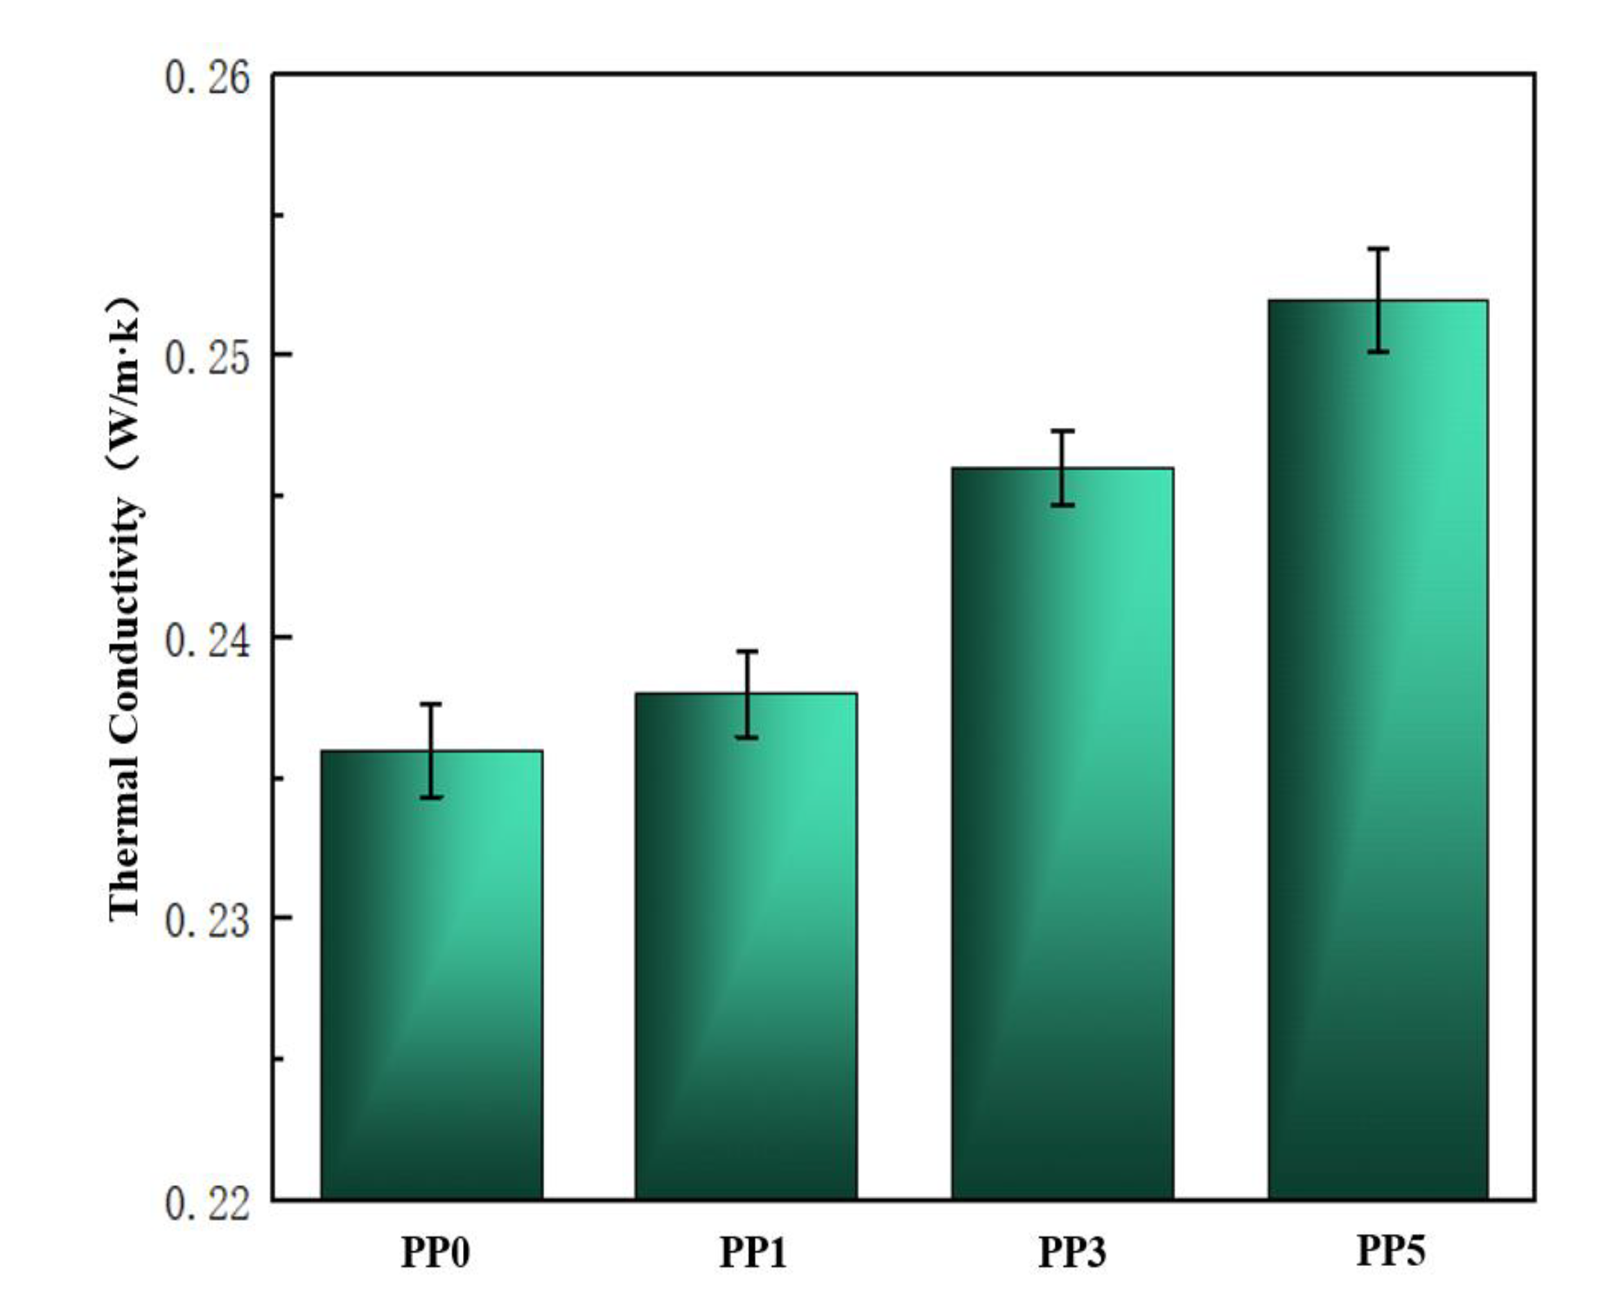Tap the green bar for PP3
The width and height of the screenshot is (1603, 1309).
click(1062, 829)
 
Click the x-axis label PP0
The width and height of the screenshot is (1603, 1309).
click(436, 1254)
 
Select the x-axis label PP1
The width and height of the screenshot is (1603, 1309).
click(753, 1254)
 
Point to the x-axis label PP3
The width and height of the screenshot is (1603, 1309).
click(1072, 1254)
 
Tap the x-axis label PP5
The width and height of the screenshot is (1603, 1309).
click(1391, 1250)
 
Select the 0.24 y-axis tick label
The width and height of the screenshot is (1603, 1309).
click(207, 640)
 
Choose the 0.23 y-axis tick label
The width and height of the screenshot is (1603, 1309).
click(207, 921)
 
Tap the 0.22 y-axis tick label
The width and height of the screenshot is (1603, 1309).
click(207, 1204)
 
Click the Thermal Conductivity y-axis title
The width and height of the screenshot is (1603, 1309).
click(124, 611)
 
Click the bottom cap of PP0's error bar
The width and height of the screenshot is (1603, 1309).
click(431, 797)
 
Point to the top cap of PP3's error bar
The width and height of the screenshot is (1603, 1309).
click(1062, 431)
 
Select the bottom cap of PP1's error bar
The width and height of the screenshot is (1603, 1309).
click(747, 738)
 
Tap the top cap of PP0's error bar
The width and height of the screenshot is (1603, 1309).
click(431, 704)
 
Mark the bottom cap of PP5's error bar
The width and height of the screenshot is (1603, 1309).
click(1378, 352)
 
